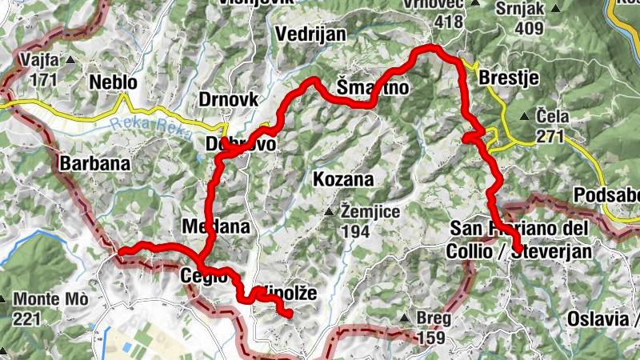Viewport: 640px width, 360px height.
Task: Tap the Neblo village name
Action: coord(114,82)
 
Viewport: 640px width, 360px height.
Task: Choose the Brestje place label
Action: coord(508,78)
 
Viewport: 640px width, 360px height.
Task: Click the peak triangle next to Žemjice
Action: coord(328,212)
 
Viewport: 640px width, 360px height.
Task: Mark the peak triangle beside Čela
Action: coord(524,117)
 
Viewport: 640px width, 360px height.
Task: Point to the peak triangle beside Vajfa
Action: coord(70,60)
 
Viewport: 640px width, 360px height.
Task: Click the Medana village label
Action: coord(216,226)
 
